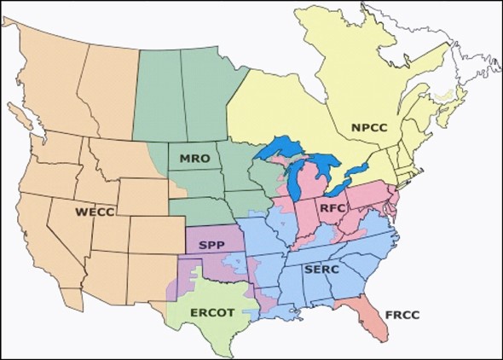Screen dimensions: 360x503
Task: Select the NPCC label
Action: point(369,128)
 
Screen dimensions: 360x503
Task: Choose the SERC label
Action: point(322,270)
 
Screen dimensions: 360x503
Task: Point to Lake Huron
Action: point(325,168)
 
